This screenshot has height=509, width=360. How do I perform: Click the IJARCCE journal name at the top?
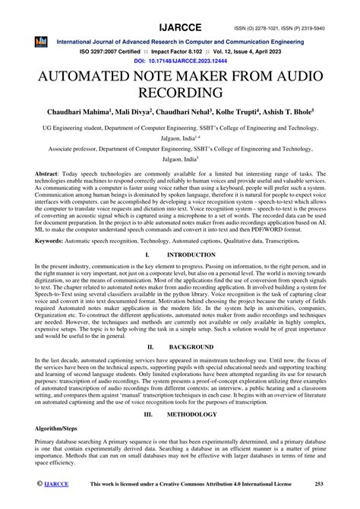click(179, 8)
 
